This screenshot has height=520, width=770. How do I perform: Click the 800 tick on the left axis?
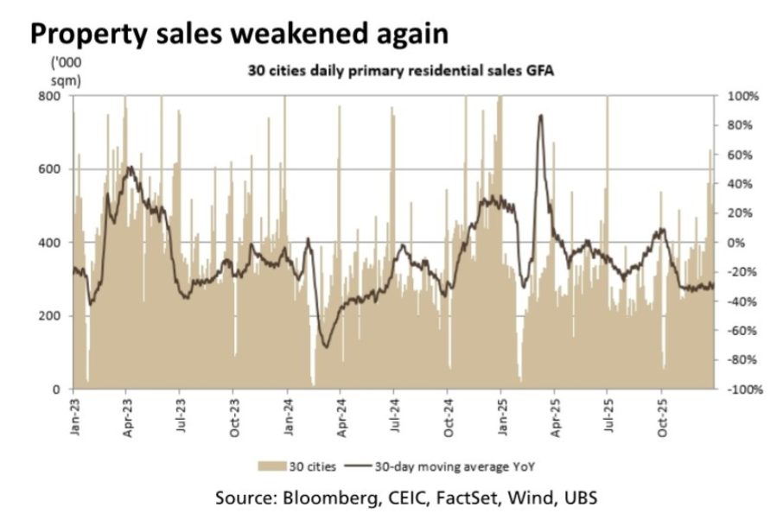click(x=50, y=96)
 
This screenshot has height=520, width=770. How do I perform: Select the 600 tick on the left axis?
click(x=50, y=169)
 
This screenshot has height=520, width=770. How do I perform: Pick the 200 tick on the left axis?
click(x=50, y=316)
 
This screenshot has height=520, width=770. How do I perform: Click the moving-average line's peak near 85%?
click(x=540, y=116)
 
